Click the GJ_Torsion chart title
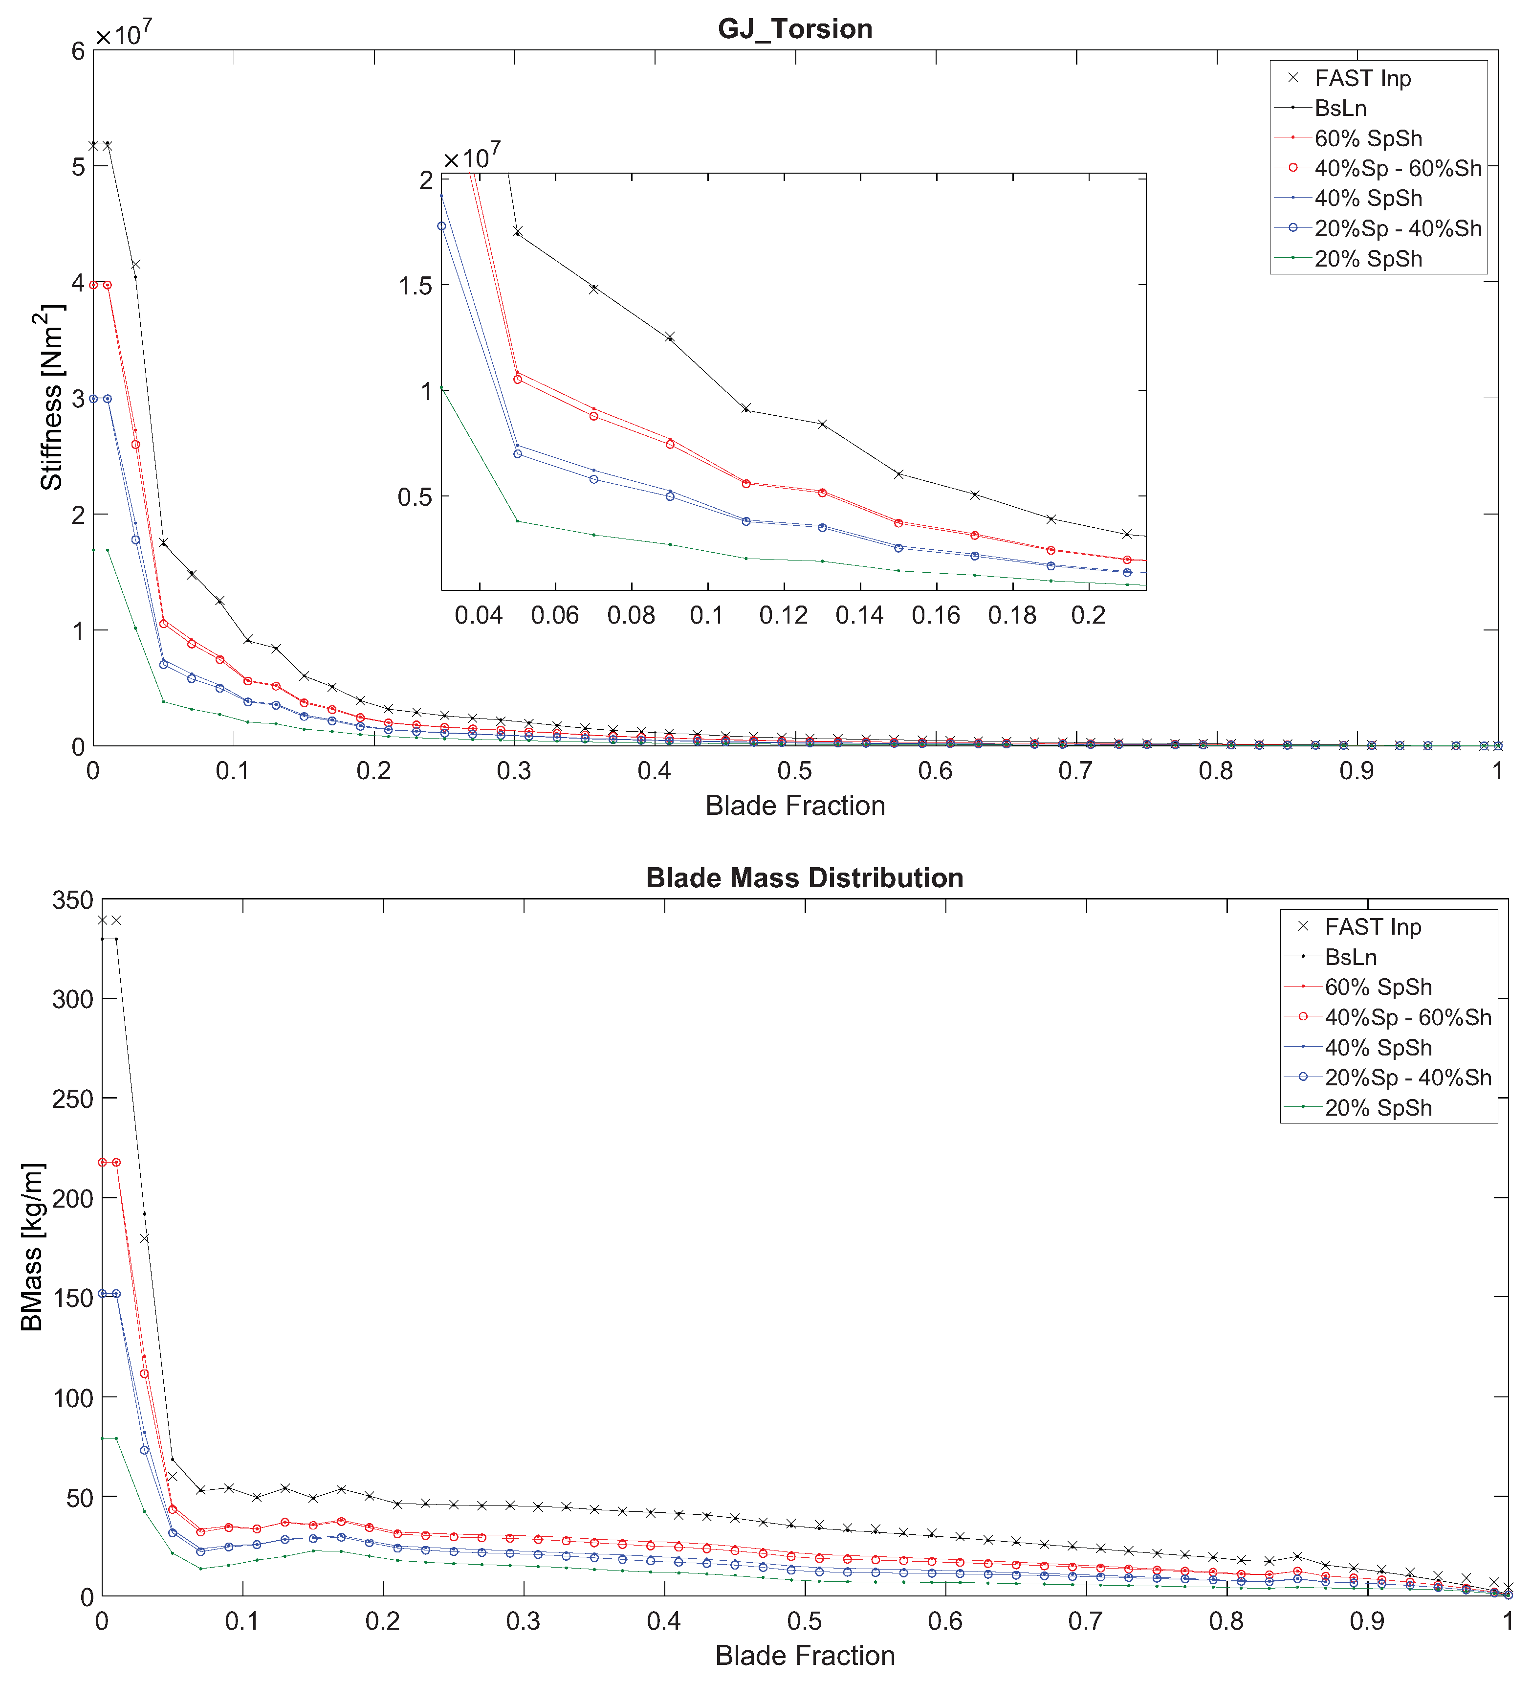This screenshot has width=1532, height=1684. click(x=795, y=29)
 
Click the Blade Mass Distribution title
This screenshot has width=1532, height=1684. click(x=804, y=878)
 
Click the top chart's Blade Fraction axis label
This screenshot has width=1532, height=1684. click(x=795, y=805)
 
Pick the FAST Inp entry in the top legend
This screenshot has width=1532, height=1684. click(x=1362, y=79)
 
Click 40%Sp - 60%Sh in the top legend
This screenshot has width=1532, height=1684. click(x=1398, y=169)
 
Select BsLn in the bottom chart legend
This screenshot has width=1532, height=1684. click(x=1350, y=957)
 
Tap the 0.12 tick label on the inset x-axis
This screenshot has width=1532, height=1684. click(x=783, y=616)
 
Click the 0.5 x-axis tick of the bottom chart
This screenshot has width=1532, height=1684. click(x=804, y=1622)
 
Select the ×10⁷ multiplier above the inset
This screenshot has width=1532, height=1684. click(x=472, y=156)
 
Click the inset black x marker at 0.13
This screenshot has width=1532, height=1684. click(x=822, y=425)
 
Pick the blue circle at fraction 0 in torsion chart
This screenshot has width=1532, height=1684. click(x=93, y=399)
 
